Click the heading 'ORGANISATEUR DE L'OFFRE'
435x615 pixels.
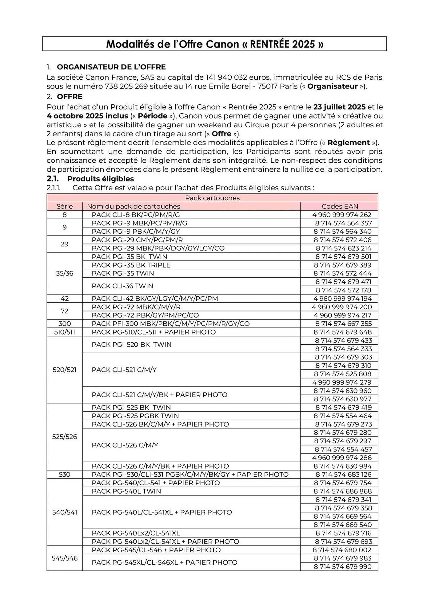click(x=111, y=67)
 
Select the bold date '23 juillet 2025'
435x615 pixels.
click(x=339, y=107)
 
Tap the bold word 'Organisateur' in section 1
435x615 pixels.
click(x=332, y=86)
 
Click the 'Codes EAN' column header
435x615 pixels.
click(x=340, y=206)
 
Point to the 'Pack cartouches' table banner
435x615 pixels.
click(x=212, y=198)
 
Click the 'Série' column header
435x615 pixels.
click(x=65, y=206)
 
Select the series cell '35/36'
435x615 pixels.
click(x=65, y=273)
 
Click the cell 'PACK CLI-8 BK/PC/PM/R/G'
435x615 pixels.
click(x=136, y=215)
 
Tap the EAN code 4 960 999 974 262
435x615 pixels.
click(x=342, y=215)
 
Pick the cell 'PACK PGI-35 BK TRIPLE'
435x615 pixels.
click(x=131, y=265)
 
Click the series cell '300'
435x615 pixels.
click(x=65, y=323)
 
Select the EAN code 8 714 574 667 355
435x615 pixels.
click(x=343, y=323)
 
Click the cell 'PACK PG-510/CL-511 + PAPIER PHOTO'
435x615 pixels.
click(x=154, y=332)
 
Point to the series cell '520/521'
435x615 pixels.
click(x=65, y=370)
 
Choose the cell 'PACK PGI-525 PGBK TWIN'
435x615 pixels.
click(x=135, y=416)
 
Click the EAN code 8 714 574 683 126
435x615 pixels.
click(x=343, y=474)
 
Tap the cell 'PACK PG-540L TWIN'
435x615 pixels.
click(x=126, y=491)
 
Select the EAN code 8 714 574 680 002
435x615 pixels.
click(x=342, y=550)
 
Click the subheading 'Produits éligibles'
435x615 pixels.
click(x=101, y=179)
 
